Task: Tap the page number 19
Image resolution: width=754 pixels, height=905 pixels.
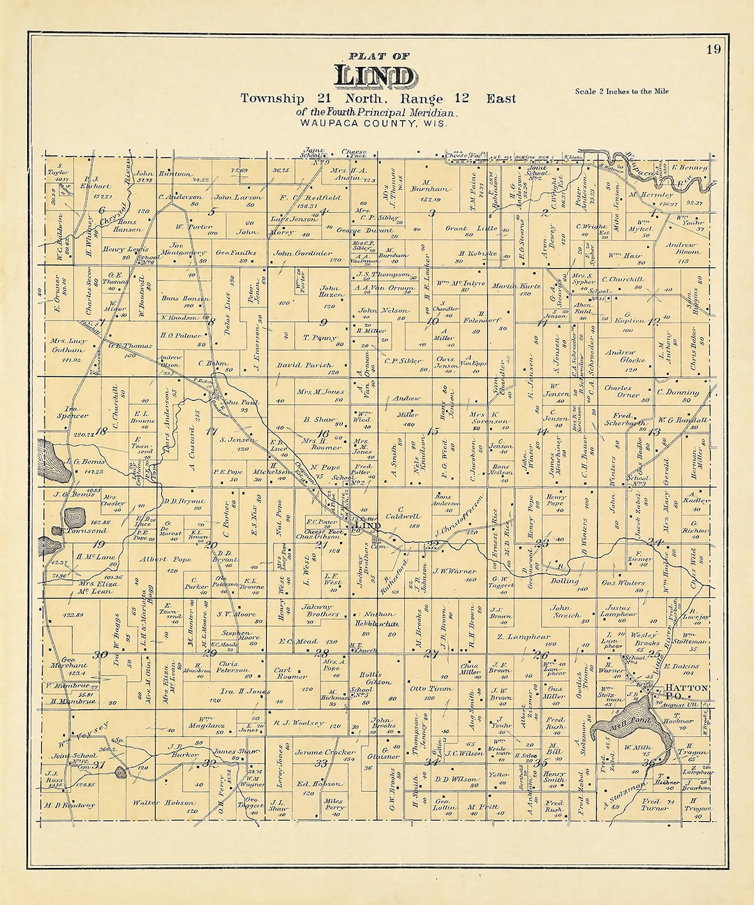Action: (x=713, y=49)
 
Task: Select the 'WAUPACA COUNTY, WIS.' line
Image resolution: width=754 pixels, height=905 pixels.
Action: (x=374, y=123)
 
